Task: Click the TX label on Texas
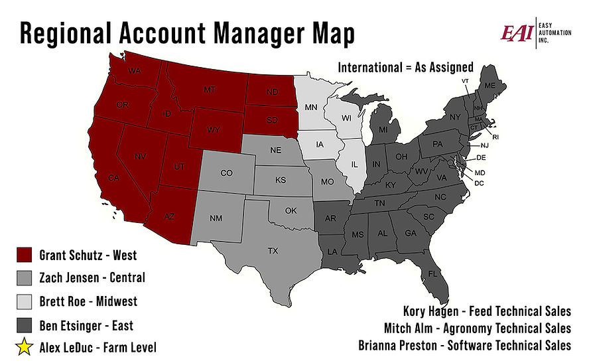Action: point(273,252)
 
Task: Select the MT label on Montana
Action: point(210,89)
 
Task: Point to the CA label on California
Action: point(113,177)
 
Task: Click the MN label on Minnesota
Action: point(310,107)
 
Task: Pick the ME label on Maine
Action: point(490,86)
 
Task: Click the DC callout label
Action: point(480,182)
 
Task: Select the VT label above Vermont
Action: point(465,81)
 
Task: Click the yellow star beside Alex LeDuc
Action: point(25,346)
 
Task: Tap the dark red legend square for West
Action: point(25,255)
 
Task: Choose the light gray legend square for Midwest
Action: point(25,301)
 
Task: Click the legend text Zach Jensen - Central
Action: point(92,278)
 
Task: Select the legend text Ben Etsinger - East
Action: point(86,325)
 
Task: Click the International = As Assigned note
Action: point(405,67)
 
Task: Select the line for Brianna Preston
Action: point(464,345)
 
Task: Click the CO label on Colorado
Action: point(226,173)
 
